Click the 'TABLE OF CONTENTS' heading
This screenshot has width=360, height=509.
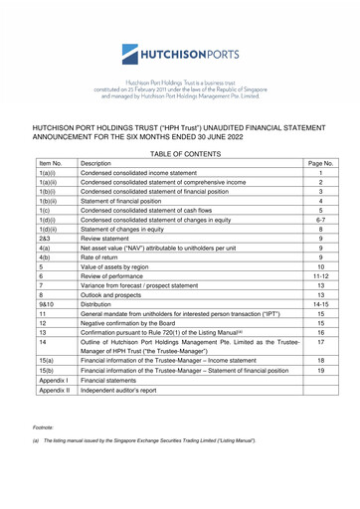(x=179, y=116)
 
